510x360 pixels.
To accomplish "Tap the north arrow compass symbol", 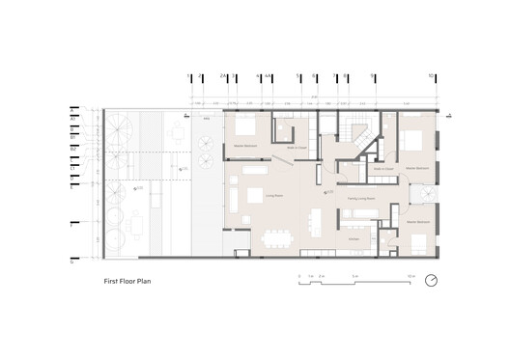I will coord(431,281).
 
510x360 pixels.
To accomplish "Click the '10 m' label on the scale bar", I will coord(411,276).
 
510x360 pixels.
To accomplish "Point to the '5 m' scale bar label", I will coord(354,276).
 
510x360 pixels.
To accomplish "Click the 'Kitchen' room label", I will coord(354,237).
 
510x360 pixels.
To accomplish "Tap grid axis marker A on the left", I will coord(71,115).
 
